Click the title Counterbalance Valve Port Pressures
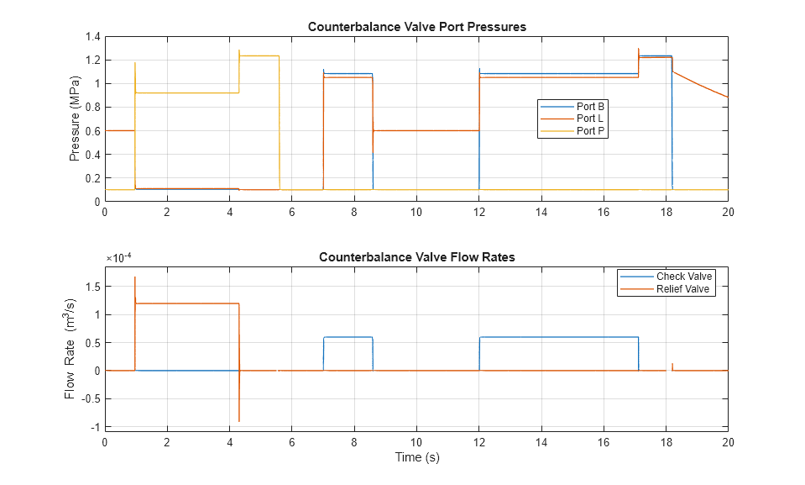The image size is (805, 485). coord(416,26)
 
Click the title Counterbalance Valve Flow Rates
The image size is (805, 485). coord(416,257)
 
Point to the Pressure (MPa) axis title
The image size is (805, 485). coord(75,119)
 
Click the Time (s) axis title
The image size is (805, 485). coord(416,458)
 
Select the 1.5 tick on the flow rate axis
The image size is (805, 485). coord(92,287)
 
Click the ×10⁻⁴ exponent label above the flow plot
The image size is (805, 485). coord(120,258)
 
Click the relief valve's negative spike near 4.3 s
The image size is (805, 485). coord(239,420)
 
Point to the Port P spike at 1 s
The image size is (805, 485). coord(135,64)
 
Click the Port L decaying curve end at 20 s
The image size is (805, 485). coord(727,97)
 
